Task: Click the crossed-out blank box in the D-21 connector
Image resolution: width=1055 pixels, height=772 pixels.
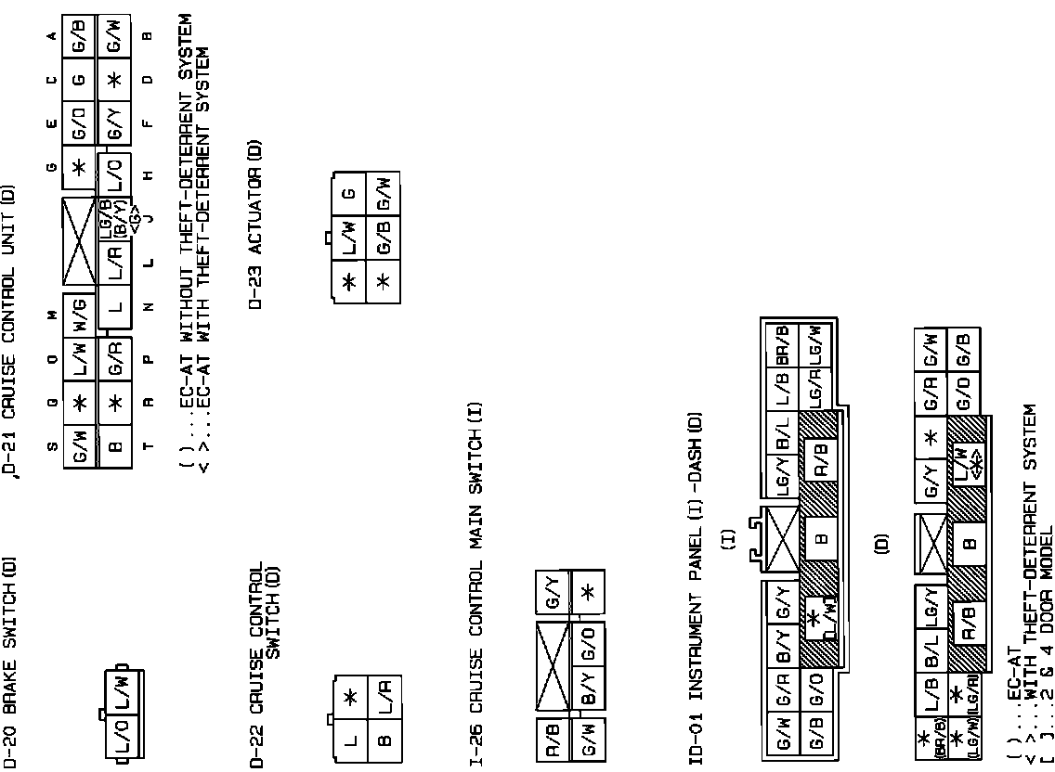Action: point(80,240)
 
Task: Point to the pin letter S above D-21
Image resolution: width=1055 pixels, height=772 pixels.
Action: point(52,445)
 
